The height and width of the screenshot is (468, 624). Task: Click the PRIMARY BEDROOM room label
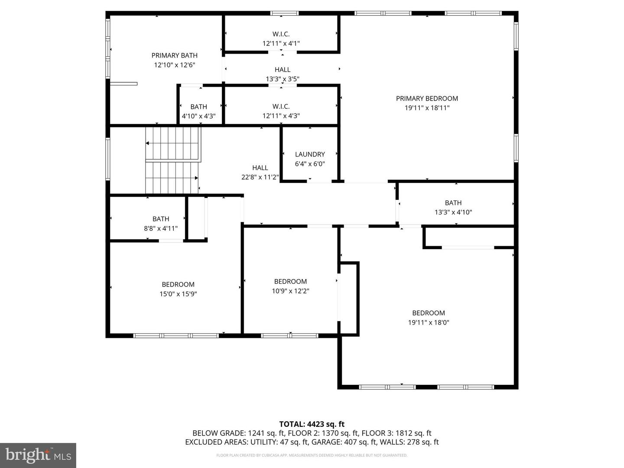[427, 98]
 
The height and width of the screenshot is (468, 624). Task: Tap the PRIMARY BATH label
[174, 55]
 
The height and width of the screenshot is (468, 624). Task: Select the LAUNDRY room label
[310, 154]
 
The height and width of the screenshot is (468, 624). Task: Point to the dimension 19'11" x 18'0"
[428, 322]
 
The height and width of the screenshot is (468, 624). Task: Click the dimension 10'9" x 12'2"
[290, 291]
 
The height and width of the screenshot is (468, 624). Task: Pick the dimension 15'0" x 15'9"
[178, 294]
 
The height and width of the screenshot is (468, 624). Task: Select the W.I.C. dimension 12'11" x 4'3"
[281, 116]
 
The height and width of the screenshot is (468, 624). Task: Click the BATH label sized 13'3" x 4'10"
[453, 203]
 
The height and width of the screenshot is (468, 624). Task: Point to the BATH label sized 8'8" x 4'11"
[161, 219]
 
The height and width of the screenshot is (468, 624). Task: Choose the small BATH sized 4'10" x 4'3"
[198, 107]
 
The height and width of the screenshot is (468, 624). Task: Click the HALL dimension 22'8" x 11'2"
[260, 177]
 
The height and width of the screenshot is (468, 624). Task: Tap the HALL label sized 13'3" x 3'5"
[283, 69]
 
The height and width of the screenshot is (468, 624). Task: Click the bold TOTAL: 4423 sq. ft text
[312, 424]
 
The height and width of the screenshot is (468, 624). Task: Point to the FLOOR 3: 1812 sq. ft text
[396, 433]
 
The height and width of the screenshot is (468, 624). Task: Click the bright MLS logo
[38, 455]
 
